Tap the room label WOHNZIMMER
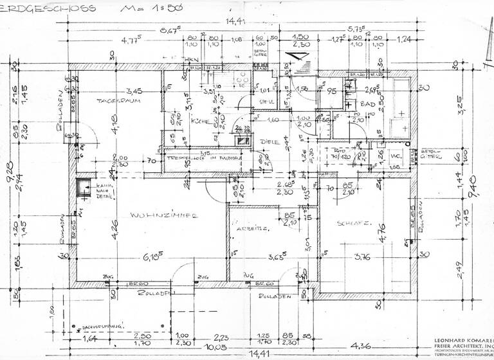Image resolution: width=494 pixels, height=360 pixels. click(x=162, y=216)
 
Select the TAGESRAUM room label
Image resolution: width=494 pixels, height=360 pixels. click(x=119, y=101)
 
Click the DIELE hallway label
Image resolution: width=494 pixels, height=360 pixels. click(x=269, y=141)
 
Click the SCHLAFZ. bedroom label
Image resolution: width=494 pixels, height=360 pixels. click(x=352, y=224)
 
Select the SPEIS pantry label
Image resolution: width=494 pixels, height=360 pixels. click(x=266, y=102)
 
